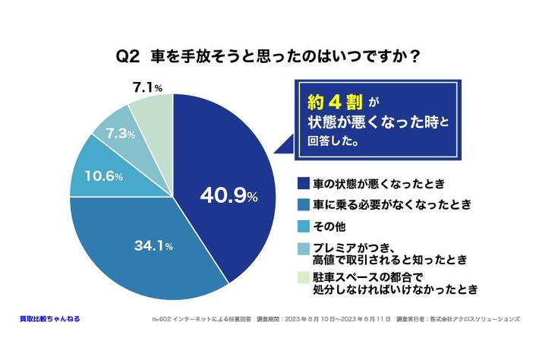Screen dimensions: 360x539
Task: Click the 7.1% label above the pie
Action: point(147,88)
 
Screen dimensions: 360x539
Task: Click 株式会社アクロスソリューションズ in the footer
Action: point(479,320)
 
